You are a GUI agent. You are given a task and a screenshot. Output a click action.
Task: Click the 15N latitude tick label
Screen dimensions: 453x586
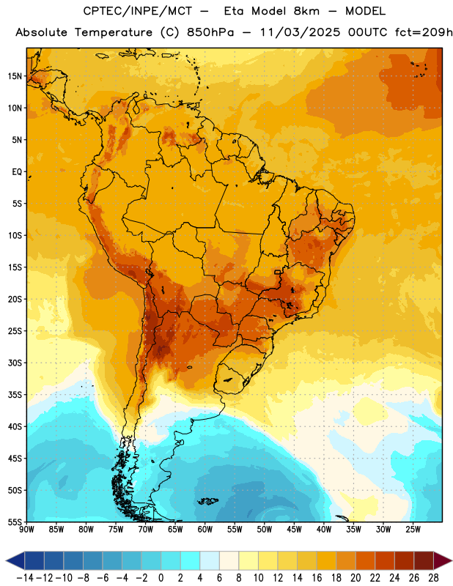[x=15, y=76]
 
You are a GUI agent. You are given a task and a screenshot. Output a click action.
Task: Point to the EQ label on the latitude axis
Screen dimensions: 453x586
[x=17, y=172]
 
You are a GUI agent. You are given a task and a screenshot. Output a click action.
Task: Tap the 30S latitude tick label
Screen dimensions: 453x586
[x=15, y=363]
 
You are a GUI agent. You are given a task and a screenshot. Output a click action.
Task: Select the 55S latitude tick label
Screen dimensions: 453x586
[x=15, y=522]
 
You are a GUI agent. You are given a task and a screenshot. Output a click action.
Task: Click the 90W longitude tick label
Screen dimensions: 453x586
[x=26, y=529]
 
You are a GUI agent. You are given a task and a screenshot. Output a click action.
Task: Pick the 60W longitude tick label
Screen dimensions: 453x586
[x=205, y=529]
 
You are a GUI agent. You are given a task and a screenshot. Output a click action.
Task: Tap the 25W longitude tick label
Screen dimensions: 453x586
[x=413, y=529]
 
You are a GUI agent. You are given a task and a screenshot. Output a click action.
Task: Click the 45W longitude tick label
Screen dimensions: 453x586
[x=294, y=529]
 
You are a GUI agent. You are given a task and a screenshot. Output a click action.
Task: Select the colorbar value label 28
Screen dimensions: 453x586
[x=433, y=578]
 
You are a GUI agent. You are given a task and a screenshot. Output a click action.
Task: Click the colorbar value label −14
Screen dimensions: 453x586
[x=25, y=578]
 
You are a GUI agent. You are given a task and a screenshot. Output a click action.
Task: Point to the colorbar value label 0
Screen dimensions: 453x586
[x=161, y=578]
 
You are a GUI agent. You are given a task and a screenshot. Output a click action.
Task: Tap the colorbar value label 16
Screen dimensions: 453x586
[x=317, y=578]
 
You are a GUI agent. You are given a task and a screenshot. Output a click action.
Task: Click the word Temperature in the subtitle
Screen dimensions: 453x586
[x=114, y=32]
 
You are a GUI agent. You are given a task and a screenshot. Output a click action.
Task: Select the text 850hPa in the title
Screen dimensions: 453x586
[x=210, y=32]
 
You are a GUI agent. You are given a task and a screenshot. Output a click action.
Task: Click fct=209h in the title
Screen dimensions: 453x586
[x=424, y=32]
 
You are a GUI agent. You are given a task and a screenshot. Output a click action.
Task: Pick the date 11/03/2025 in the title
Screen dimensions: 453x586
[x=300, y=32]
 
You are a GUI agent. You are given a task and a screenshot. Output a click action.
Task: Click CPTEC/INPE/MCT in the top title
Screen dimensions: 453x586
[x=137, y=11]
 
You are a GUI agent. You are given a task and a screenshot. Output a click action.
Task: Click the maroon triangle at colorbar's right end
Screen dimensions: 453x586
[x=443, y=560]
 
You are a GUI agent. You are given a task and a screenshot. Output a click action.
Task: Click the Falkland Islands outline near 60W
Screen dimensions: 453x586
[x=207, y=501]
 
